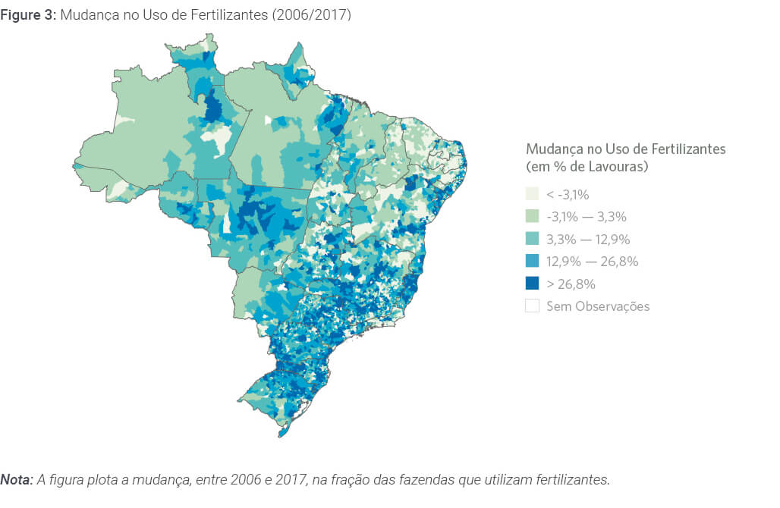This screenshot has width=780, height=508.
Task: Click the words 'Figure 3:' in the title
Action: [x=24, y=15]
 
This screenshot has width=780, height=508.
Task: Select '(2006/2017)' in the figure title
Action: [x=316, y=15]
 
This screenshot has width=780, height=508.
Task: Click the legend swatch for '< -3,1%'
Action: [x=533, y=195]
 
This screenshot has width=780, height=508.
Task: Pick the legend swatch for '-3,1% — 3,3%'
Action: [x=533, y=217]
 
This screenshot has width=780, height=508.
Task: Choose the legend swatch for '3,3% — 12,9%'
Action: [x=533, y=240]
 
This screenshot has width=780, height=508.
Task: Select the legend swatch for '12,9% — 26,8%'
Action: [x=533, y=262]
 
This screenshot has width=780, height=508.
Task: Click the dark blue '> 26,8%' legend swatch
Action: [x=533, y=284]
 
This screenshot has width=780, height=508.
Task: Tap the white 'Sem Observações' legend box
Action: [x=533, y=306]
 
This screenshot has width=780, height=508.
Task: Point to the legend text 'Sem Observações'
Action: [x=598, y=306]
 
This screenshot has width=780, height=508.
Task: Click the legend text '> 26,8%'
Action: [x=571, y=284]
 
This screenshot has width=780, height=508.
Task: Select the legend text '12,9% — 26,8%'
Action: [x=592, y=262]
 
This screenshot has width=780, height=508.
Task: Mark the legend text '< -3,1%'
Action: [x=568, y=195]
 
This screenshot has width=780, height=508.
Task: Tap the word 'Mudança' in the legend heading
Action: [x=553, y=149]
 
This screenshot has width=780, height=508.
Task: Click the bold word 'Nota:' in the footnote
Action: [x=17, y=480]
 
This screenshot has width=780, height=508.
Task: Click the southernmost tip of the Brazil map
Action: [x=282, y=435]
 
